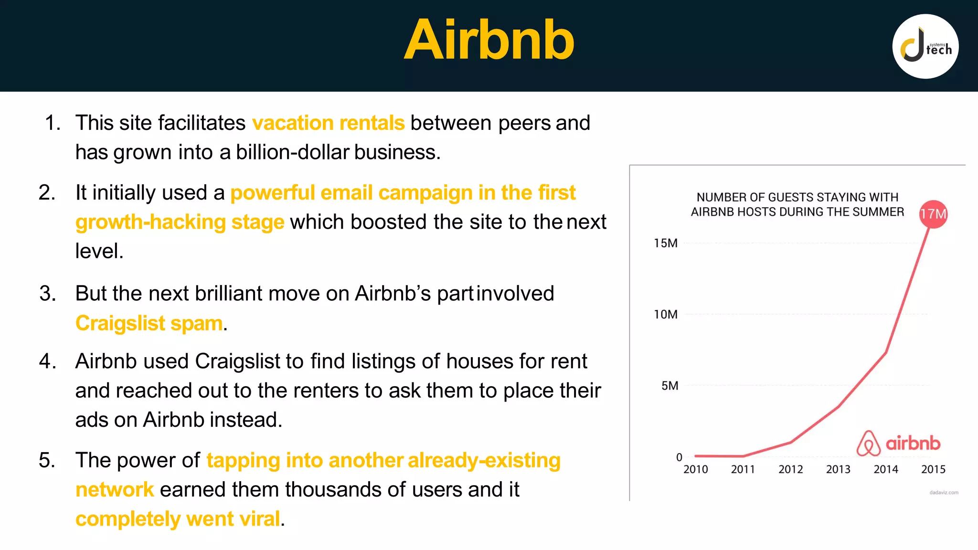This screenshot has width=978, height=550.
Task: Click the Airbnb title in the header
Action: click(x=489, y=40)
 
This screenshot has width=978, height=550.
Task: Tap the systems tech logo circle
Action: click(x=925, y=46)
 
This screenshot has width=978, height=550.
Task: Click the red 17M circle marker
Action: click(x=933, y=214)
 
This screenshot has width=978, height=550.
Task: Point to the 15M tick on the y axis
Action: click(x=665, y=243)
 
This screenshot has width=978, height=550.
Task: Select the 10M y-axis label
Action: click(x=665, y=314)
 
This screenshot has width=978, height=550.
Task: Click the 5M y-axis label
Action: click(x=669, y=385)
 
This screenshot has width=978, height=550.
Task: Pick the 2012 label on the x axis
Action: click(x=790, y=469)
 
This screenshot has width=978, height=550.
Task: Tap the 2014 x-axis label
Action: click(x=885, y=469)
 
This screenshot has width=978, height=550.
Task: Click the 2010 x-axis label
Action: click(x=695, y=469)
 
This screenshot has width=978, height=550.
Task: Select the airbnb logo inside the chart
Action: click(x=898, y=443)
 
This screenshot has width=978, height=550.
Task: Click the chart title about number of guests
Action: click(x=797, y=204)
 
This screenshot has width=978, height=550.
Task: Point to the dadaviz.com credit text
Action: click(x=944, y=492)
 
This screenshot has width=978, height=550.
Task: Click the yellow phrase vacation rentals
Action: click(x=328, y=123)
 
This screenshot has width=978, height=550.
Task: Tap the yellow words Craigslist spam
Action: click(x=149, y=323)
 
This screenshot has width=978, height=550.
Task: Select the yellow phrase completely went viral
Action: click(x=178, y=518)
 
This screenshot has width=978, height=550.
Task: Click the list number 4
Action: click(x=47, y=361)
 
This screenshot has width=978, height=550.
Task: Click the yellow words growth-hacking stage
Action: click(x=180, y=222)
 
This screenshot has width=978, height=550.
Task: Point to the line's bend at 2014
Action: click(x=886, y=352)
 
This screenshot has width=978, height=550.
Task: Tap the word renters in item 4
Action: click(x=326, y=391)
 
